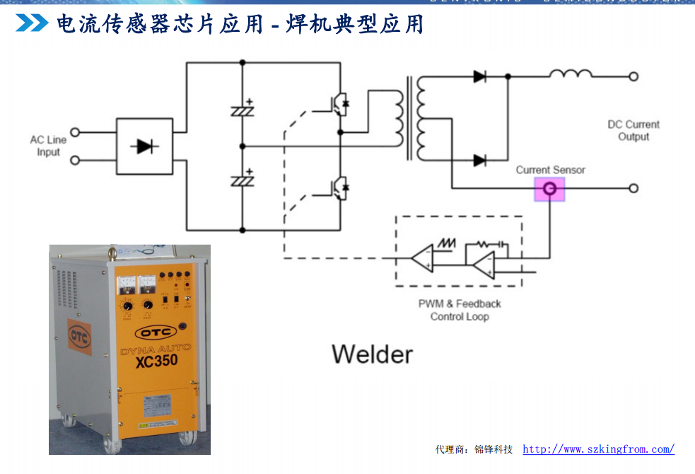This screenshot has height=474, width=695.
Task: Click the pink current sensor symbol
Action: click(549, 188)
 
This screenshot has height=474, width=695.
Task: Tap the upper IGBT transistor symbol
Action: click(338, 103)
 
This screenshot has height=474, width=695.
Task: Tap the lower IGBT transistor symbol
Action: click(338, 187)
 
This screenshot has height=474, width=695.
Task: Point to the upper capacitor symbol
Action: click(243, 110)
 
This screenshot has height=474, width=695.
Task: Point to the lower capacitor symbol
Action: click(243, 180)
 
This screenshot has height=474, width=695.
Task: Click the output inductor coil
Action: click(571, 74)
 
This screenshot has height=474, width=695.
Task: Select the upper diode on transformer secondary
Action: click(480, 76)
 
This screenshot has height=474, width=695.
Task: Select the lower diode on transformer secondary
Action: click(480, 161)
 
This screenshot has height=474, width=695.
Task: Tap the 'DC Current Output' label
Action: click(633, 130)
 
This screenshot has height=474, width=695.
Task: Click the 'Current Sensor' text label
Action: click(550, 170)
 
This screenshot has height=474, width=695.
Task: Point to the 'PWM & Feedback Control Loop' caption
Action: click(460, 310)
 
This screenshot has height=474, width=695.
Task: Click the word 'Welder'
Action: click(372, 353)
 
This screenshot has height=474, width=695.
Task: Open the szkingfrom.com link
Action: click(598, 449)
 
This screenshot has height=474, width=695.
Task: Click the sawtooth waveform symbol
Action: click(447, 243)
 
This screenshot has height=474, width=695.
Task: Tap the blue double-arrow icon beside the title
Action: click(32, 23)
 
